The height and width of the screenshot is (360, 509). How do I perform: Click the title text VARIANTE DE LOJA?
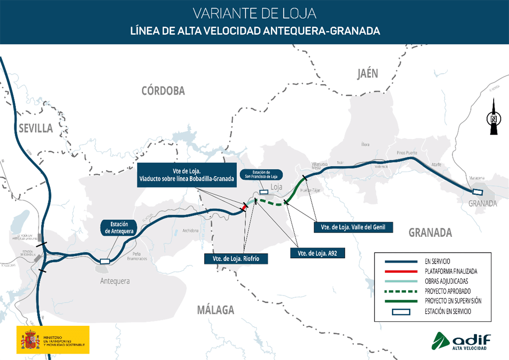point(254,13)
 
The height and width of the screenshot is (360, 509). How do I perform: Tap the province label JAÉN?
point(368,74)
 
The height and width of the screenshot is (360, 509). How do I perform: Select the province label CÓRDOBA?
point(163,91)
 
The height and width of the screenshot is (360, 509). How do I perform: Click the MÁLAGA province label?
point(215,310)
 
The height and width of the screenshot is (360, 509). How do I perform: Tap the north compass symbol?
point(494,117)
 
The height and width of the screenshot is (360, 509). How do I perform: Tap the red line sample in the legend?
point(400,271)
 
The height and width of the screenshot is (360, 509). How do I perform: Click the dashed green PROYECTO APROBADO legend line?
point(400,291)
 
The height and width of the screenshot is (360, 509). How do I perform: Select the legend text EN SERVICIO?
point(437,261)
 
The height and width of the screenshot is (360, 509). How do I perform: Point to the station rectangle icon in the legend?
point(400,312)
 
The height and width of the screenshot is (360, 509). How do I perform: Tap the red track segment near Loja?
point(244,207)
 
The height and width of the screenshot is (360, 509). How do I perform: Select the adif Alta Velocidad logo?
point(461,341)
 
